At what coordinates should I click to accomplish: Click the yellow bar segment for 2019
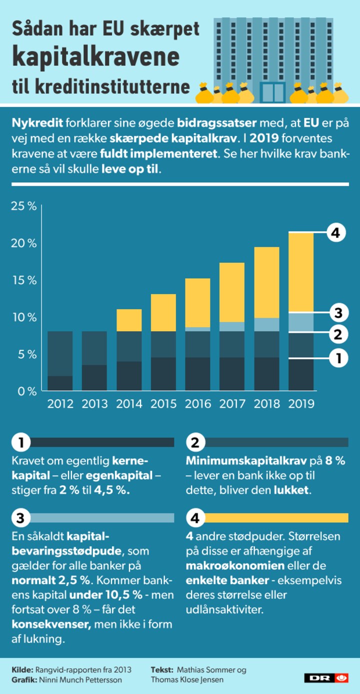pyautogui.click(x=300, y=273)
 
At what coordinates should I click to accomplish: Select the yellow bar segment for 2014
pyautogui.click(x=129, y=320)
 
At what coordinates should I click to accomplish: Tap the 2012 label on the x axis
pyautogui.click(x=60, y=403)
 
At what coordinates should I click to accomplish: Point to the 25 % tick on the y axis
pyautogui.click(x=24, y=206)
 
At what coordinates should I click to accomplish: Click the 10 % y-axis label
pyautogui.click(x=24, y=317)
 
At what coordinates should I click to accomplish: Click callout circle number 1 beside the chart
pyautogui.click(x=338, y=358)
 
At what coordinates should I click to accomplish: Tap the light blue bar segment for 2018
pyautogui.click(x=266, y=324)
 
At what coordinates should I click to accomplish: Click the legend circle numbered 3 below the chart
pyautogui.click(x=20, y=518)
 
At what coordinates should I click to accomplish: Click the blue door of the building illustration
pyautogui.click(x=272, y=93)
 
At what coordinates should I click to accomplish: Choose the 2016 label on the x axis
pyautogui.click(x=197, y=403)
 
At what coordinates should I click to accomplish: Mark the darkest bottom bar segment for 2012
pyautogui.click(x=60, y=383)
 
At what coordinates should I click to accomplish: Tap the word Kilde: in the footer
pyautogui.click(x=22, y=669)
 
